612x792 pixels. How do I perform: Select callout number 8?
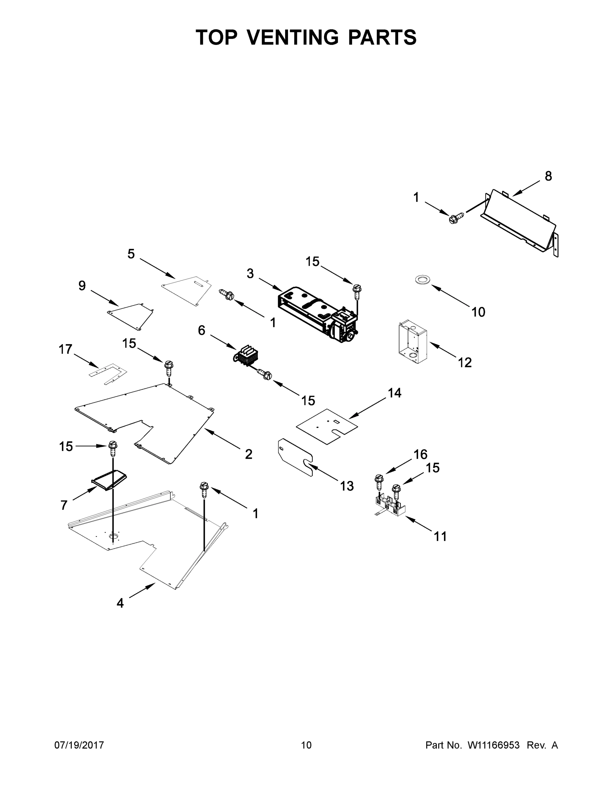point(548,176)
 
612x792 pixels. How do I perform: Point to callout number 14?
point(395,393)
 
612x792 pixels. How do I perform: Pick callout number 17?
point(66,349)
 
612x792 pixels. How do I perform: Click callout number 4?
point(120,603)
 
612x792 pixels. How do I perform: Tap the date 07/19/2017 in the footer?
point(79,745)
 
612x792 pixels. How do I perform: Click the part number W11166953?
point(494,745)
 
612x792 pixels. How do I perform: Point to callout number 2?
point(248,454)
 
